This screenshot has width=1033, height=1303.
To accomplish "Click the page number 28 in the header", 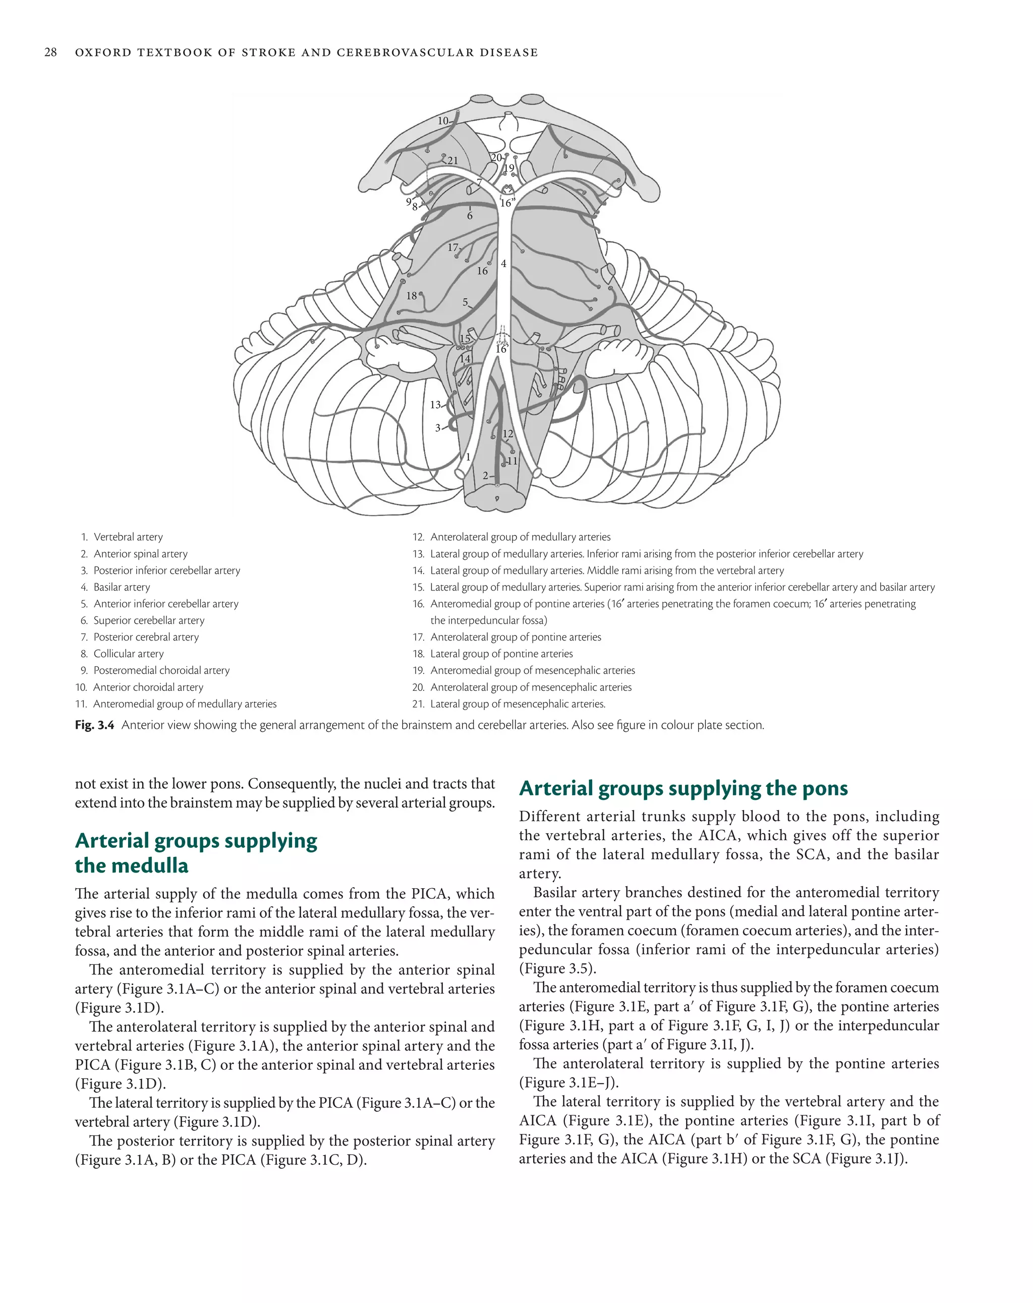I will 51,52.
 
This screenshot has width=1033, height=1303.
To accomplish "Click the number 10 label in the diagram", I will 443,121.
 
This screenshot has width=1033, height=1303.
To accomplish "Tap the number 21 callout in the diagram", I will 452,161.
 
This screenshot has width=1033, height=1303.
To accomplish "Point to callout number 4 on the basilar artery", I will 503,263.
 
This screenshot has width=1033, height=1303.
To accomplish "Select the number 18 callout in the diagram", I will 412,296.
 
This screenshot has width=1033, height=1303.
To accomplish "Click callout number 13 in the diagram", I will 435,404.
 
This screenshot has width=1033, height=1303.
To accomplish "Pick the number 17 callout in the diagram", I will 452,247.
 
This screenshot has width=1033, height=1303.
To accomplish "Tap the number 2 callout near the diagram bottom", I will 485,476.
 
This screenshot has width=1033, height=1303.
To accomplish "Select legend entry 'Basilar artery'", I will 122,587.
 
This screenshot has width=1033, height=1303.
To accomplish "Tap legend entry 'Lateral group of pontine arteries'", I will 501,654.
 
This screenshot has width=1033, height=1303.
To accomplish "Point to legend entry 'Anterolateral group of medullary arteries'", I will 520,536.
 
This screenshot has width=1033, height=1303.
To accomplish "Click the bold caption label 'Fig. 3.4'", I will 94,725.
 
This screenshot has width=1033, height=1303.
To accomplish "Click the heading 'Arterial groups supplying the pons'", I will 682,788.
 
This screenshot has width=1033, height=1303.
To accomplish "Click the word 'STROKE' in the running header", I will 263,52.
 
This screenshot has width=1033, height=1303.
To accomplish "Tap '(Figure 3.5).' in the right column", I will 557,968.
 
